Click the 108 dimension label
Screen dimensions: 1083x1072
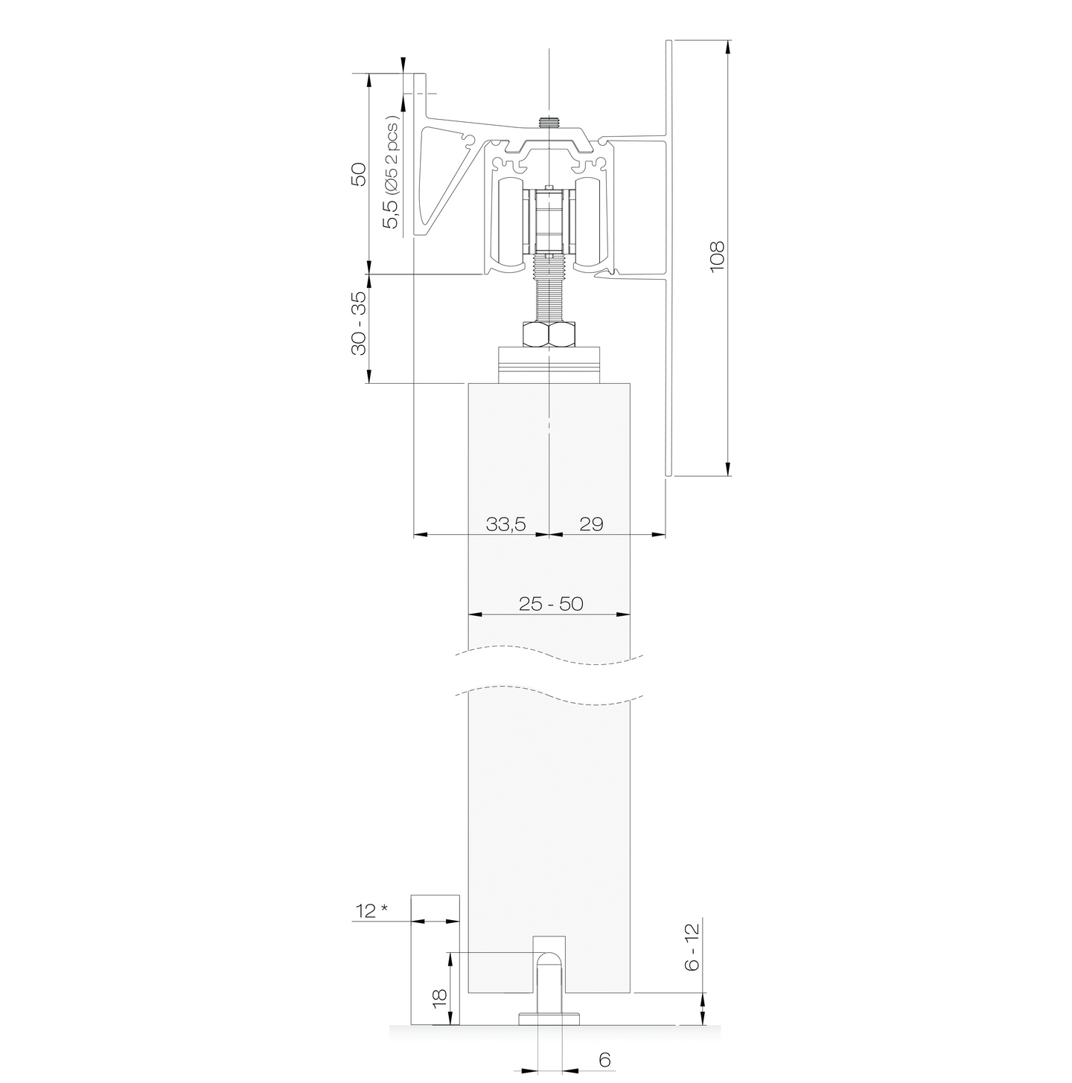(717, 257)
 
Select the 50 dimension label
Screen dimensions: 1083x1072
(358, 174)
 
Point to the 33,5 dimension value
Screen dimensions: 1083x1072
(505, 524)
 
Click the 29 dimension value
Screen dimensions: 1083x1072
(590, 524)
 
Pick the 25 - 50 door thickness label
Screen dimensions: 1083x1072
(551, 604)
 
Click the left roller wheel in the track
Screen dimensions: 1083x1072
(512, 222)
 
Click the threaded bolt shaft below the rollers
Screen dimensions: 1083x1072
(549, 290)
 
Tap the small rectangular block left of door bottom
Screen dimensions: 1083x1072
(435, 960)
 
